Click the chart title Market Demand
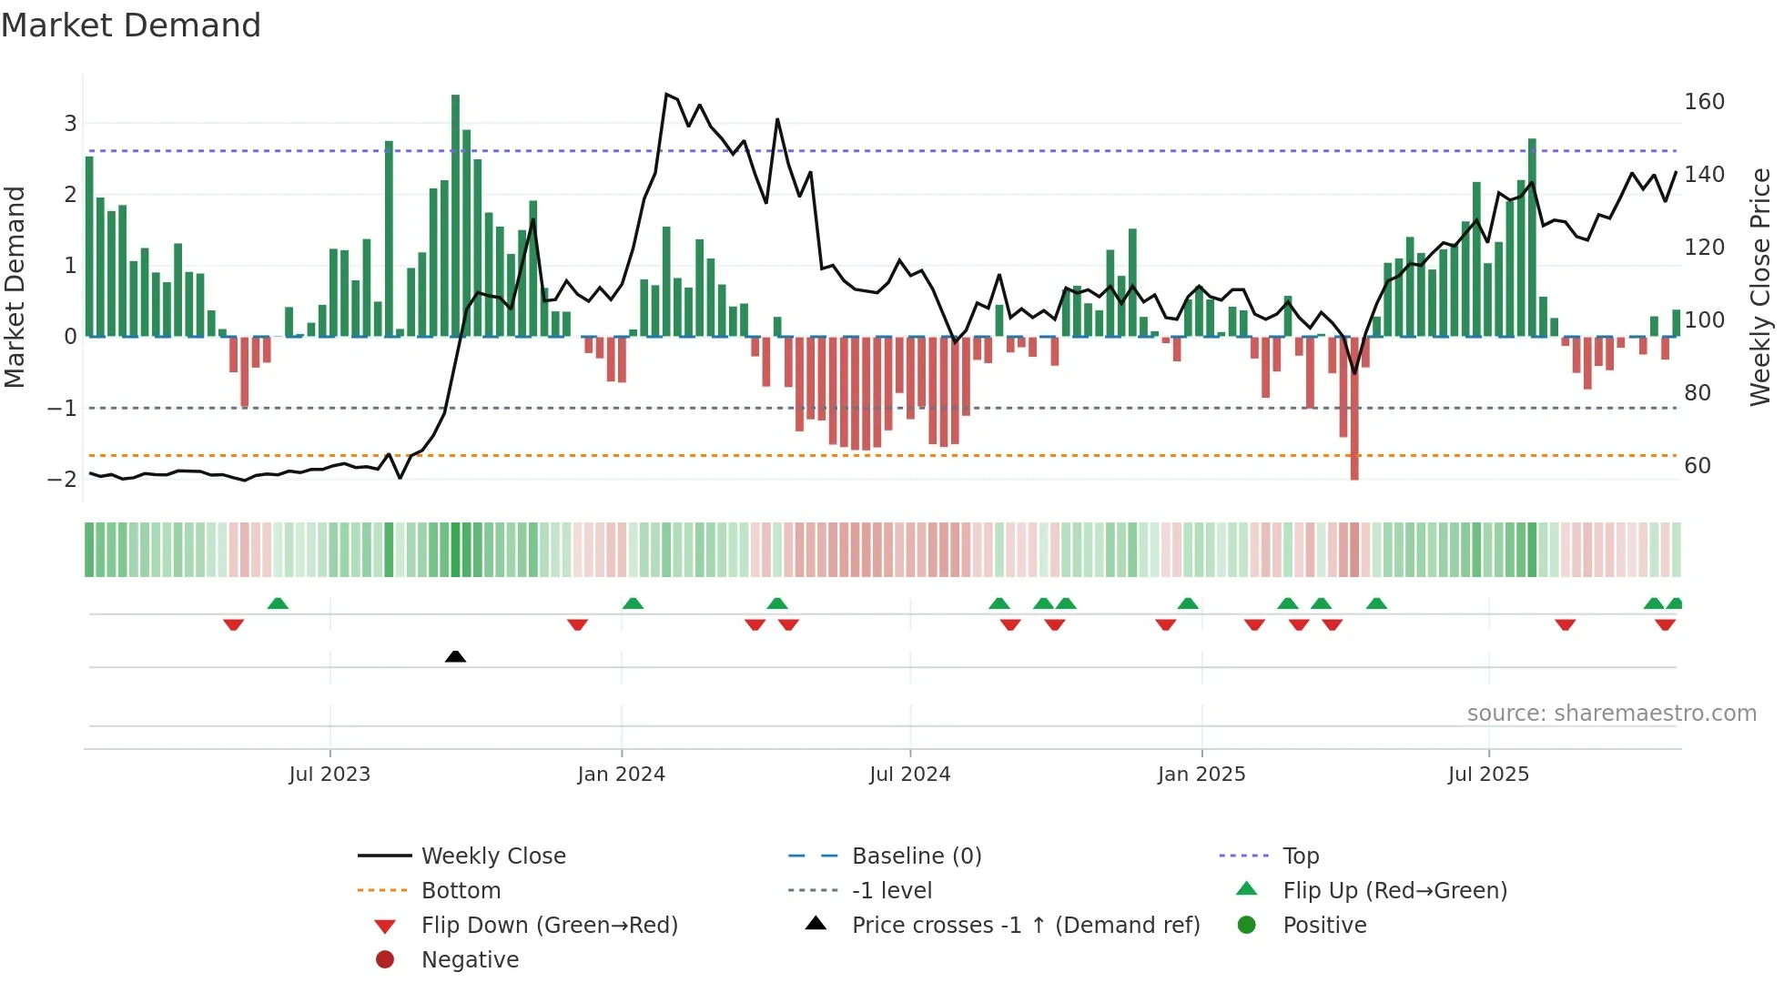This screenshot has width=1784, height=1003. click(x=131, y=25)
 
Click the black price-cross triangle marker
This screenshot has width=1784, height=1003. click(x=455, y=656)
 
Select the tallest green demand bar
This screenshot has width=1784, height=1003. click(x=455, y=215)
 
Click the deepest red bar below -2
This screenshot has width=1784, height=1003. click(x=1354, y=410)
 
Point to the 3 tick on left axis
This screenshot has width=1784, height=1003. click(x=70, y=123)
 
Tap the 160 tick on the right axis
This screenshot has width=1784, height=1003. click(x=1704, y=101)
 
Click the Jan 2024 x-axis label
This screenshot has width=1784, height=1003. click(x=621, y=774)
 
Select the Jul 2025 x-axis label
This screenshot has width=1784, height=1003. click(x=1488, y=774)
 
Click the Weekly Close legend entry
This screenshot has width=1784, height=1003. click(x=492, y=856)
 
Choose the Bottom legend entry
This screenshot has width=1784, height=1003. click(x=461, y=890)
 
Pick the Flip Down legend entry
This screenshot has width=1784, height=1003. click(x=549, y=925)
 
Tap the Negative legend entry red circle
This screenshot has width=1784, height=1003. click(x=385, y=959)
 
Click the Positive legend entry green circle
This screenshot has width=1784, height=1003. click(x=1247, y=925)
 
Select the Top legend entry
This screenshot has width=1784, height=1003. click(x=1301, y=856)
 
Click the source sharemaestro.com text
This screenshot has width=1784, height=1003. click(x=1611, y=713)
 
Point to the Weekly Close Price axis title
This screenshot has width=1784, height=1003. click(x=1760, y=287)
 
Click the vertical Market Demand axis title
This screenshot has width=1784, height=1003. click(x=15, y=287)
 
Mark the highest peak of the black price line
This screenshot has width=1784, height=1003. click(x=667, y=95)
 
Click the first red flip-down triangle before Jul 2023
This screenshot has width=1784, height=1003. click(x=233, y=624)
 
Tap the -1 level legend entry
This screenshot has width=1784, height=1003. click(x=891, y=890)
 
